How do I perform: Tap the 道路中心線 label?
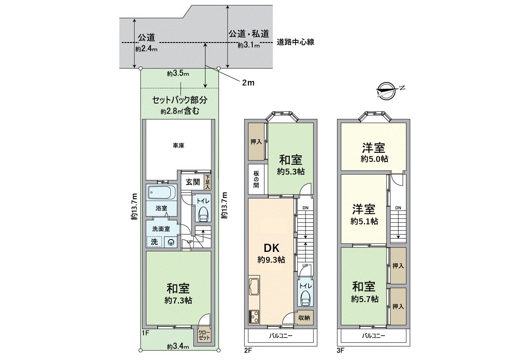pos(295,42)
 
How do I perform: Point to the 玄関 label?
pos(192,182)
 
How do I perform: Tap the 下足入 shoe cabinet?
pos(208,182)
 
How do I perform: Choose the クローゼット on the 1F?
pos(204,335)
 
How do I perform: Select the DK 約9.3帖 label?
pos(271,253)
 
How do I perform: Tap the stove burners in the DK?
pos(253,316)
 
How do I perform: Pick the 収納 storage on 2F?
pos(303,317)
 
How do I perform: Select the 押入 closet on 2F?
pos(256,142)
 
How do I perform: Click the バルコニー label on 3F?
pos(373,336)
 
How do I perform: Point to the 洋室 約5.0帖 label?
pos(374,152)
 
